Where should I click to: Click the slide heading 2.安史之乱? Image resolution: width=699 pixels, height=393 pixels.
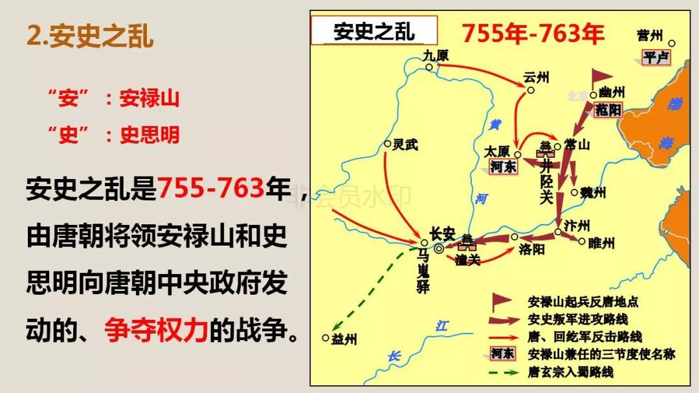click(90, 36)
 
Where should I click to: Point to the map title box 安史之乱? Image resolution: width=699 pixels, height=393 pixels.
click(373, 31)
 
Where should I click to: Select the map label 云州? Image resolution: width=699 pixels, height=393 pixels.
click(536, 78)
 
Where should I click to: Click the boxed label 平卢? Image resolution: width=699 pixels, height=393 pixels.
click(656, 58)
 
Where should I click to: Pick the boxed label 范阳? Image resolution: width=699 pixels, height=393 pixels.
click(608, 110)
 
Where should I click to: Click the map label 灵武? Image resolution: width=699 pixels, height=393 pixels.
click(405, 145)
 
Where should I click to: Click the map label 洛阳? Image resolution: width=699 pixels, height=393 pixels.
click(531, 250)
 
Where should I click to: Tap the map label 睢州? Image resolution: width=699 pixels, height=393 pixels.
click(601, 243)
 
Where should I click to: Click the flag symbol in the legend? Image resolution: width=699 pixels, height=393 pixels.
click(500, 301)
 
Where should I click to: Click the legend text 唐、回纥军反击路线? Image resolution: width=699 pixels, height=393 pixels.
click(584, 337)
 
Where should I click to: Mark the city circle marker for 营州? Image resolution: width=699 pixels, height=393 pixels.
click(672, 43)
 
